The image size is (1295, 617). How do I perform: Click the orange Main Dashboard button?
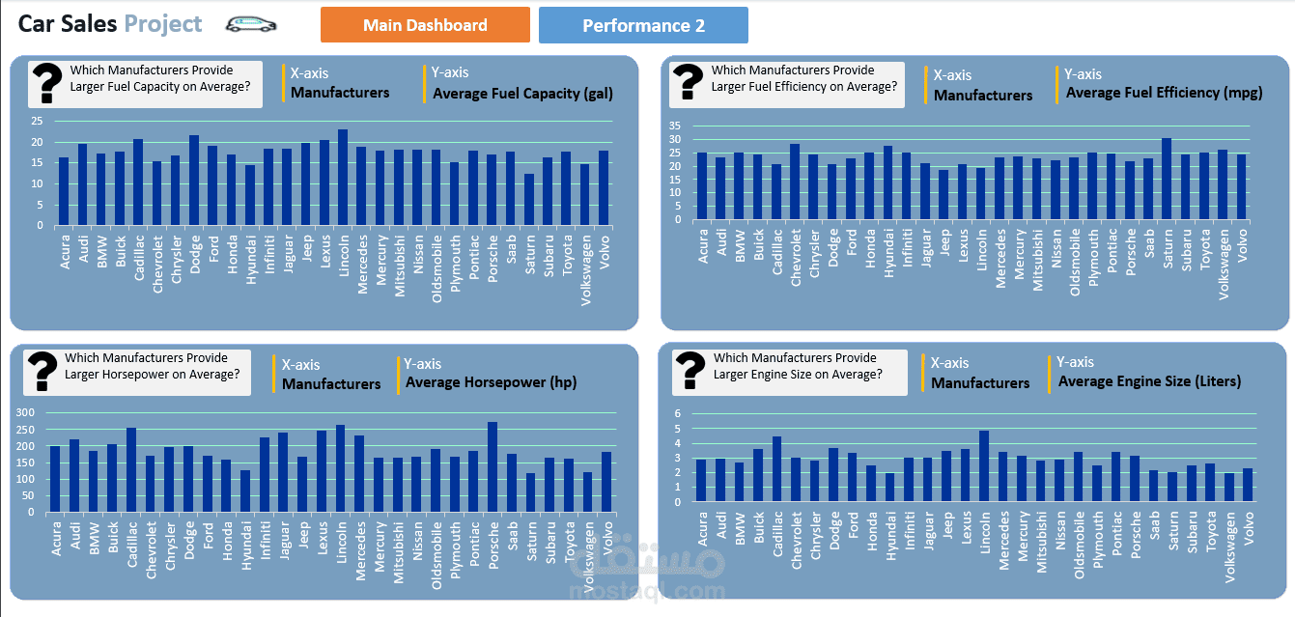(x=425, y=25)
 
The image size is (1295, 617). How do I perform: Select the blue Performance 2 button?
(x=643, y=25)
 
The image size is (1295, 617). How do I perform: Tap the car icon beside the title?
(x=251, y=24)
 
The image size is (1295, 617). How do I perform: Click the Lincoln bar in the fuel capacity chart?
(x=343, y=178)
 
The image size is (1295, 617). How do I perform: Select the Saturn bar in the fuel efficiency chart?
(x=1167, y=180)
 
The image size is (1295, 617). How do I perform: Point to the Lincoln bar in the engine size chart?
(x=984, y=466)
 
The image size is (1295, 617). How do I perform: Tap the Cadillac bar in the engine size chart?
(x=776, y=469)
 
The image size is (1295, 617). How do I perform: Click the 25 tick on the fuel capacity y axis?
(x=37, y=122)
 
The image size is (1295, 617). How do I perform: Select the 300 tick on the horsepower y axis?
(x=25, y=413)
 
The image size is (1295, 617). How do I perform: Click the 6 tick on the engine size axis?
(x=678, y=414)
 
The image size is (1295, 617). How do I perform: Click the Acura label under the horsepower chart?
(x=55, y=540)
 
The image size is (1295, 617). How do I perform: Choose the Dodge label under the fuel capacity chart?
(x=194, y=254)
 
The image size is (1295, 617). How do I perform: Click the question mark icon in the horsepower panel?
(x=42, y=371)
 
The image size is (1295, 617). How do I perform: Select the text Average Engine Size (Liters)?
(x=1149, y=381)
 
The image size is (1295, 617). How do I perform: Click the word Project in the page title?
(x=163, y=24)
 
